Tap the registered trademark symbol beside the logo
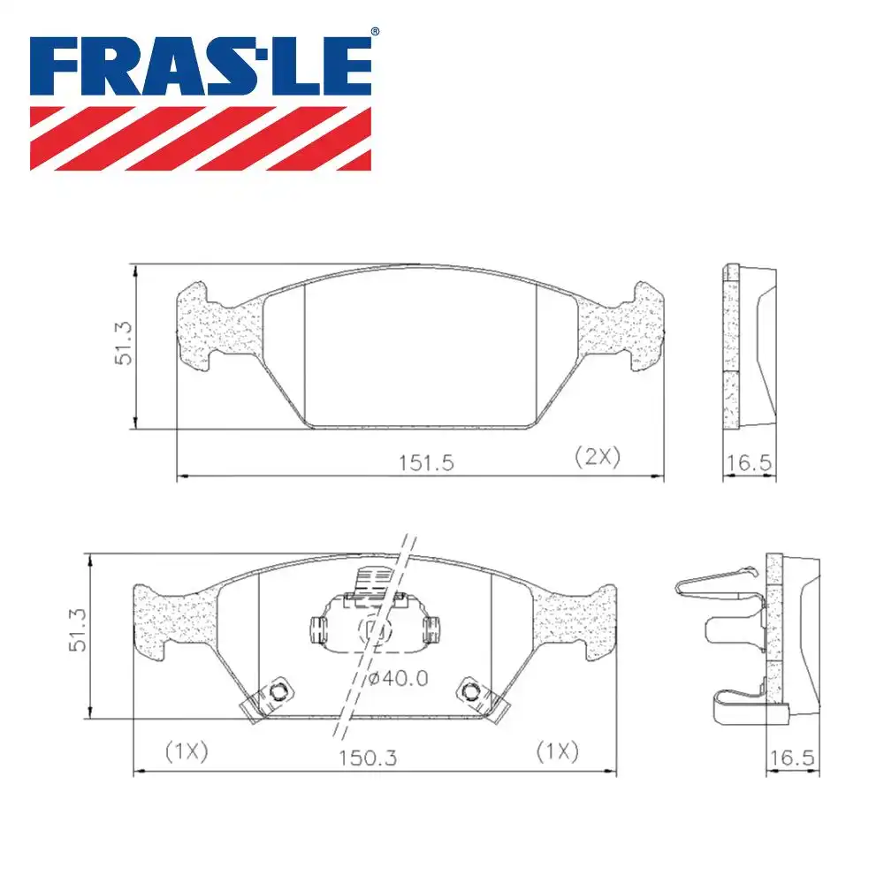click(x=375, y=33)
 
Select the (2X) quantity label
click(x=598, y=456)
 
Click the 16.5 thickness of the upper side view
click(x=749, y=462)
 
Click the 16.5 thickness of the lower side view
click(x=790, y=758)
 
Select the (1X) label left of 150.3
click(x=187, y=751)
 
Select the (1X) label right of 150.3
click(x=558, y=751)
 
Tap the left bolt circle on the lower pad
click(x=279, y=690)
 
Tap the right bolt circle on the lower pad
click(x=471, y=690)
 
